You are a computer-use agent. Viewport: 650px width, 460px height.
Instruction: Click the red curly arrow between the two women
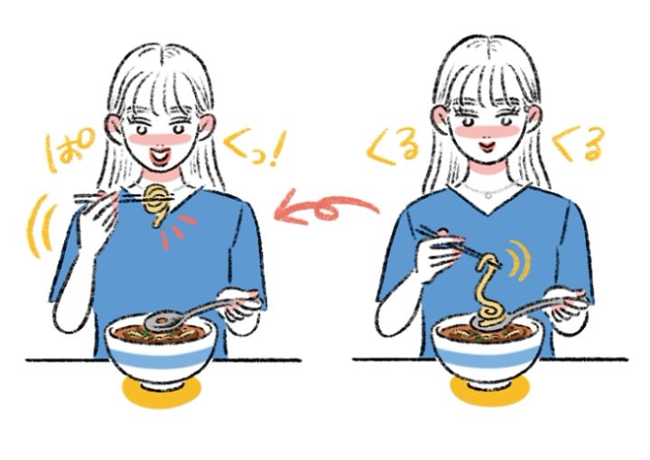pos(328,206)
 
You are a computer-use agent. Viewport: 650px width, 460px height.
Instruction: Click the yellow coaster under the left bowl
pos(162,393)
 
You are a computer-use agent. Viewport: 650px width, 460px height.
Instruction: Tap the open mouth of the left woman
pos(161,156)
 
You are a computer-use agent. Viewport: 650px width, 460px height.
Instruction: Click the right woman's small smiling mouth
pos(487,146)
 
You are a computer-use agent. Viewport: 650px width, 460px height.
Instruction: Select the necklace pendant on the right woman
pos(489,194)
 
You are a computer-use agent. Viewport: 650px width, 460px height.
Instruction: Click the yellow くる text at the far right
pos(579,144)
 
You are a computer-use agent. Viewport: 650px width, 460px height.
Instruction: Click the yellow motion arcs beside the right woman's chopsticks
pos(518,259)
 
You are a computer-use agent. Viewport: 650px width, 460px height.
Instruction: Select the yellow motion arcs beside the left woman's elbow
pos(41,226)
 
